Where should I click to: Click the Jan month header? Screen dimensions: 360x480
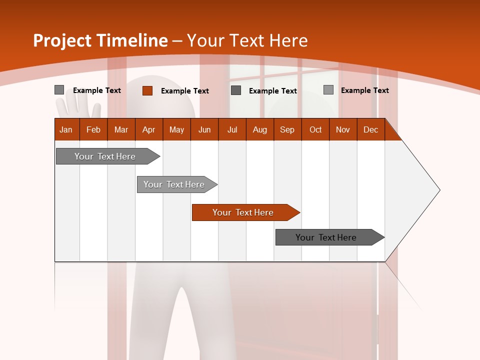pos(66,129)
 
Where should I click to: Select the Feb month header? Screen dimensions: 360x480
pos(93,129)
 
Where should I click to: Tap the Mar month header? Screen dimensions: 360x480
pos(121,129)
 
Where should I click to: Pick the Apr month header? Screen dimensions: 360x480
pos(149,129)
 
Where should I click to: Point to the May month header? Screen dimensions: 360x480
pos(176,129)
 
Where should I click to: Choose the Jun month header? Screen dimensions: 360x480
pos(204,129)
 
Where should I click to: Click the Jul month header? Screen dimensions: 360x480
pos(232,129)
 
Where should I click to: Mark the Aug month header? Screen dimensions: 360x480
pos(259,129)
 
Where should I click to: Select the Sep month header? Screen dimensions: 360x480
pos(287,129)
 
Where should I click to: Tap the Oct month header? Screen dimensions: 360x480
pos(315,129)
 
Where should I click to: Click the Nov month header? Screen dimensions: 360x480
pos(343,129)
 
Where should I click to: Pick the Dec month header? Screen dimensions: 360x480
pos(371,129)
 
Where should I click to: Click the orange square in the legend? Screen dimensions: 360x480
pos(147,90)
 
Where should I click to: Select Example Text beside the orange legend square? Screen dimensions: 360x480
pos(185,91)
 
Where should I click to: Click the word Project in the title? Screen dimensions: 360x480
pos(62,40)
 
